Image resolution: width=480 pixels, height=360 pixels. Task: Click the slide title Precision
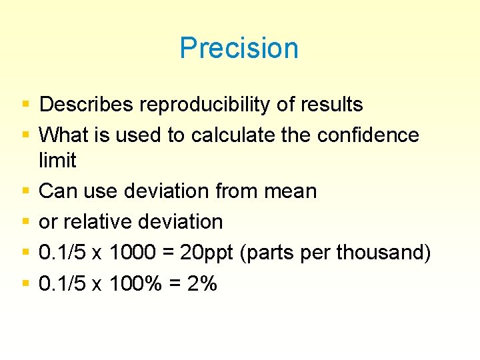(239, 49)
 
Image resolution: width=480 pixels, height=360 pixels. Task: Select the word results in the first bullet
(329, 105)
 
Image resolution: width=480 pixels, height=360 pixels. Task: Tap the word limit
(58, 161)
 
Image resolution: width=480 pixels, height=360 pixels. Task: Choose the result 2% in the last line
(201, 283)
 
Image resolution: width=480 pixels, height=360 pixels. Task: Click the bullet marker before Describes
(25, 105)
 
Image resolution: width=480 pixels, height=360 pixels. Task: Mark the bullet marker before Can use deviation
(25, 192)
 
